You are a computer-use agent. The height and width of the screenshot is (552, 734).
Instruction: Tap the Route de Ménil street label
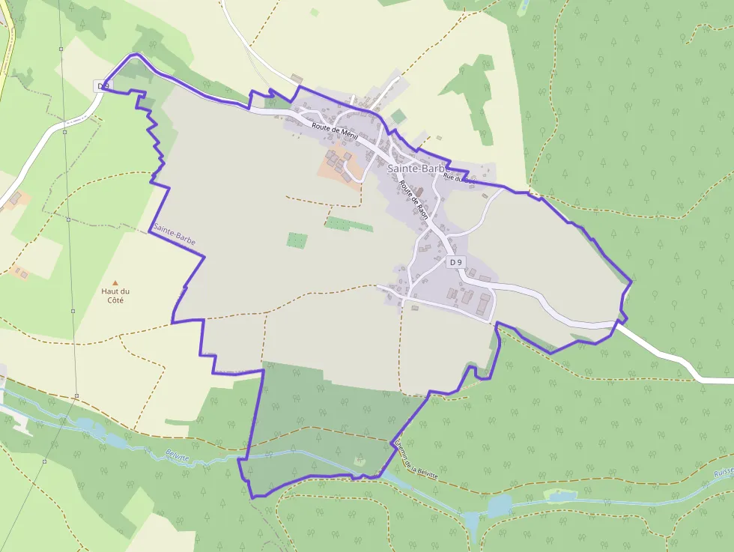click(335, 131)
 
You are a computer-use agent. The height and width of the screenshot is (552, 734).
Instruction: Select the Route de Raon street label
click(413, 199)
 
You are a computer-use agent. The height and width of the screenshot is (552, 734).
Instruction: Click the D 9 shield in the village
click(455, 262)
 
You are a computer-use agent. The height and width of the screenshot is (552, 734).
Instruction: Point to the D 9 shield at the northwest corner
click(103, 87)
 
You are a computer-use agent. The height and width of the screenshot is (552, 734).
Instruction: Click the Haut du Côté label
click(115, 296)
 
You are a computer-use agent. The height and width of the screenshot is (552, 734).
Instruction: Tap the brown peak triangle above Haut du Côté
click(115, 282)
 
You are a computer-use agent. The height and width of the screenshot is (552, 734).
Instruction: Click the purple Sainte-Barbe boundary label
click(173, 235)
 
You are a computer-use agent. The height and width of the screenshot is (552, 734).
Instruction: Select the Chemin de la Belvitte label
click(415, 458)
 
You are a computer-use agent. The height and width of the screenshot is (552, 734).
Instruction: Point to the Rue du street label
click(458, 178)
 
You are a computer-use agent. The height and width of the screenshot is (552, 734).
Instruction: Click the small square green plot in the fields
click(297, 240)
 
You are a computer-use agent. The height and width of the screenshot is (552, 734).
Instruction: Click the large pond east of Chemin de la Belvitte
click(499, 506)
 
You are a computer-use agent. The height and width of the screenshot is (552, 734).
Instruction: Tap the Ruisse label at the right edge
click(723, 473)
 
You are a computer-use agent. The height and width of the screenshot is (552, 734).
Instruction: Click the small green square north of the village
click(398, 116)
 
